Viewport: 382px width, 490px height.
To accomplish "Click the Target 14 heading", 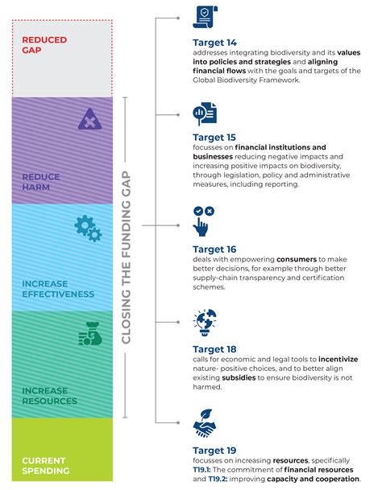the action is click(x=215, y=43).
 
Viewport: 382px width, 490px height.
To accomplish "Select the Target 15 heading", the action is click(x=214, y=138).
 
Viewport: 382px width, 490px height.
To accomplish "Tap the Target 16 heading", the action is click(x=214, y=249).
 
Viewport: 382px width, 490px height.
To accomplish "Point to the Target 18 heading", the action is click(x=214, y=349).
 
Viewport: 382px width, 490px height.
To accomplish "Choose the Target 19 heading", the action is click(x=214, y=451).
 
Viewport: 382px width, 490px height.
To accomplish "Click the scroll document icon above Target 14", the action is click(x=205, y=17).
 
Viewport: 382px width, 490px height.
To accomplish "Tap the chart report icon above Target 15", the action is click(x=205, y=113).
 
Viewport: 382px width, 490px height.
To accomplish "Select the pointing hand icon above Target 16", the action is click(x=203, y=221).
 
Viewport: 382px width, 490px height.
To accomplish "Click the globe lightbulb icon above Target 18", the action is click(x=205, y=323).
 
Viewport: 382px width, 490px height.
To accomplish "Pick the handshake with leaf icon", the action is click(x=205, y=423).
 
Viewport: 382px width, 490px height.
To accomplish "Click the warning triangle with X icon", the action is click(x=90, y=119).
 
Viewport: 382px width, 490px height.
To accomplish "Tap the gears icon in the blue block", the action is click(x=88, y=229).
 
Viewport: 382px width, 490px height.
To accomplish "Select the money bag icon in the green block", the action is click(x=90, y=334).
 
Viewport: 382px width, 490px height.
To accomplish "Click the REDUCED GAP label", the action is click(x=44, y=45).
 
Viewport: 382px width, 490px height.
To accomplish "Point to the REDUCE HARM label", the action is click(x=41, y=182).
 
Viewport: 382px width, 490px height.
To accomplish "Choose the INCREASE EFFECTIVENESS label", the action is click(x=58, y=289).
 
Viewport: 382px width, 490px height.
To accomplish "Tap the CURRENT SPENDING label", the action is click(x=45, y=466).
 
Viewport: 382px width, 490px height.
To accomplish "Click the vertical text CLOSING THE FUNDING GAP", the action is click(x=126, y=257).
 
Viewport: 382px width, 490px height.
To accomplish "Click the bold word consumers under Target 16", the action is click(x=297, y=259).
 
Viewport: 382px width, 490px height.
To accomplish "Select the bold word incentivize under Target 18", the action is click(x=338, y=359).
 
